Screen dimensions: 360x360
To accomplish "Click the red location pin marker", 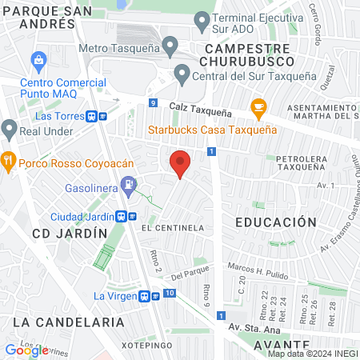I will (x=181, y=164).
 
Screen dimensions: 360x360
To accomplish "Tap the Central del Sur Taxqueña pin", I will (x=182, y=76).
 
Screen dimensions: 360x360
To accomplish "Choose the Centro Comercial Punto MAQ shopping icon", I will (x=37, y=59).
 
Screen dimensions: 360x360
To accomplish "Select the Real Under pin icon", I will (x=9, y=128).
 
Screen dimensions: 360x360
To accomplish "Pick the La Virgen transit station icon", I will (x=146, y=295).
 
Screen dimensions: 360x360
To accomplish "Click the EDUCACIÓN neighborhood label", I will (x=270, y=222).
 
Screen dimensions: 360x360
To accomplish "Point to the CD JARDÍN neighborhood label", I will (x=70, y=233).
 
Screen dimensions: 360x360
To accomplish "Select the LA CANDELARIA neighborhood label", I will (x=69, y=322).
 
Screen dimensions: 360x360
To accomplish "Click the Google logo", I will (x=26, y=350).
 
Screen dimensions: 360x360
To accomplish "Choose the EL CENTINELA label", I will (x=171, y=228).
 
